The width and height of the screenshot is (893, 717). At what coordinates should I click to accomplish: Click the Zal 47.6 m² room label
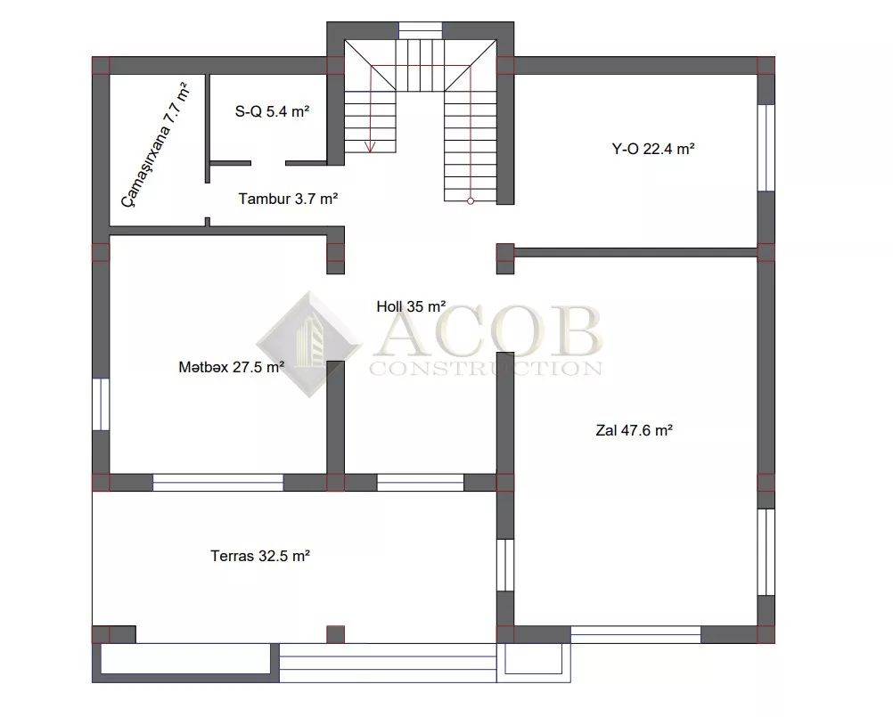pyautogui.click(x=634, y=430)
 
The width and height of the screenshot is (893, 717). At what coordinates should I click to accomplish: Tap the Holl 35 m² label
pyautogui.click(x=411, y=306)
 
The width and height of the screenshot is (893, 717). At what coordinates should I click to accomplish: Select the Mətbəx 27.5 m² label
pyautogui.click(x=231, y=367)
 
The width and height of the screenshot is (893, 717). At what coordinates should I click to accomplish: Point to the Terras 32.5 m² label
pyautogui.click(x=260, y=556)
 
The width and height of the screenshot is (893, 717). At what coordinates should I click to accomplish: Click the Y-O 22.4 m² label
pyautogui.click(x=653, y=149)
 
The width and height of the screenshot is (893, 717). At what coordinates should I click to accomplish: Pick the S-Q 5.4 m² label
pyautogui.click(x=272, y=111)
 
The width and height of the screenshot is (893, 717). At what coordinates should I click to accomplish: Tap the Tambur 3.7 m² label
pyautogui.click(x=288, y=200)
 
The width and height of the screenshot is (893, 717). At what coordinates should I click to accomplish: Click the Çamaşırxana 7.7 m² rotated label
pyautogui.click(x=154, y=146)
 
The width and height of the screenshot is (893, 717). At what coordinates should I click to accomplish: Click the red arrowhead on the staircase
pyautogui.click(x=370, y=147)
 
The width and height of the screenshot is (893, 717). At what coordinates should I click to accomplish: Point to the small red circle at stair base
pyautogui.click(x=471, y=201)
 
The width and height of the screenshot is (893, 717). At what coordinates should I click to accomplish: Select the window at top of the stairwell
pyautogui.click(x=421, y=30)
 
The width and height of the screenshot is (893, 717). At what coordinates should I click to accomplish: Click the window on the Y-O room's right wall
pyautogui.click(x=766, y=147)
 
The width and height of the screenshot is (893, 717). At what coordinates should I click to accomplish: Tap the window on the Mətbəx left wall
pyautogui.click(x=101, y=404)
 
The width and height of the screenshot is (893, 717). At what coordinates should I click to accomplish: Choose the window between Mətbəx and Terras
pyautogui.click(x=218, y=482)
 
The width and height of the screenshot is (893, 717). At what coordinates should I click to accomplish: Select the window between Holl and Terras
pyautogui.click(x=421, y=482)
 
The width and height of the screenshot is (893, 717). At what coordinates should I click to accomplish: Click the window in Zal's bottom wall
pyautogui.click(x=635, y=634)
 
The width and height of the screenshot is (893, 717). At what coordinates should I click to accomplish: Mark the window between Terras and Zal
pyautogui.click(x=505, y=565)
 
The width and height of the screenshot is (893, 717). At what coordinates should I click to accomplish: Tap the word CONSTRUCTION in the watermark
pyautogui.click(x=486, y=369)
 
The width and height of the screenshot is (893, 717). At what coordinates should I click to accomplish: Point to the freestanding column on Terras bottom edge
pyautogui.click(x=335, y=634)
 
